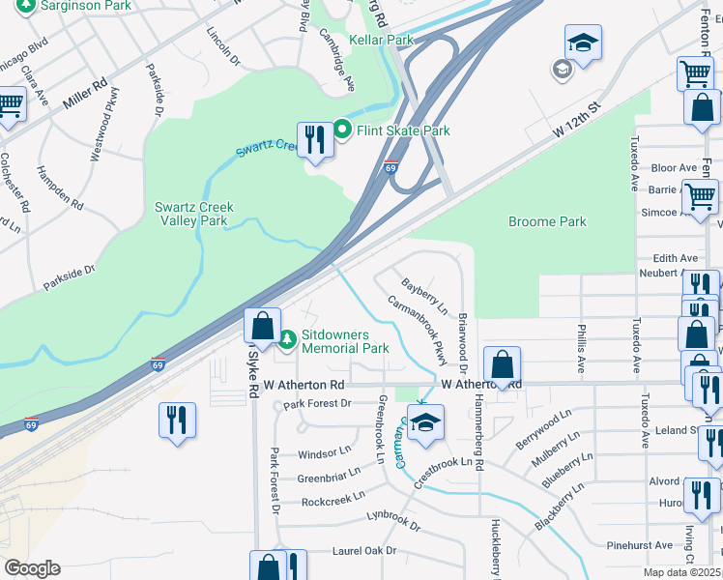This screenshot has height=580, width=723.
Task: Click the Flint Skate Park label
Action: pos(403,130)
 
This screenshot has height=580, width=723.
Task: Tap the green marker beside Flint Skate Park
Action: pos(341,129)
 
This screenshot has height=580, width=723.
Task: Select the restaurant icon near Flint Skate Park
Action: pos(314,140)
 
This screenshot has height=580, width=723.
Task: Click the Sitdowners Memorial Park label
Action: pos(345,340)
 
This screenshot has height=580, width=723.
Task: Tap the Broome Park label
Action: pos(547,221)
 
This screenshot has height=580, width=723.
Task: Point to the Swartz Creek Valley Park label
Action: pos(191,214)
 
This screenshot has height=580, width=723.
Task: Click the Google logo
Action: pos(32,567)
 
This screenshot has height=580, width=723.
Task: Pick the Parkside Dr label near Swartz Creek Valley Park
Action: pos(70,278)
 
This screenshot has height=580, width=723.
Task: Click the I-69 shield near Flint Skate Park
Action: pos(391,167)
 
